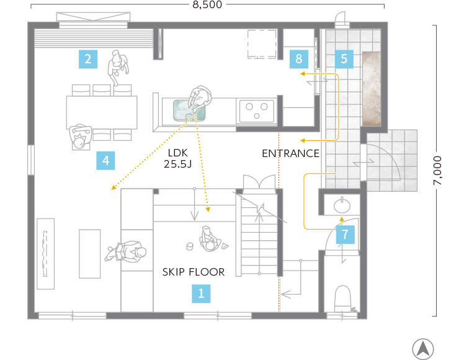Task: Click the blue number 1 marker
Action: tap(201, 294)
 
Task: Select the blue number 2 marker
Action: tap(88, 59)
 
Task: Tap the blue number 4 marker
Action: tap(105, 161)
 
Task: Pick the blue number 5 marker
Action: tap(344, 59)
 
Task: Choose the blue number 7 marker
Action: tap(345, 235)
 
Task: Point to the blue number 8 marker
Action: tap(299, 59)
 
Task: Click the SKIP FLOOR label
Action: tap(194, 272)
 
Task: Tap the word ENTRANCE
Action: tap(290, 153)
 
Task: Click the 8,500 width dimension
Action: tap(207, 5)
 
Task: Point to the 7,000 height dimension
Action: tap(437, 170)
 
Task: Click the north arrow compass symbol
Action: tap(423, 349)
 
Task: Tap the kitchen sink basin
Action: tap(189, 110)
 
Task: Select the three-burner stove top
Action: tap(257, 111)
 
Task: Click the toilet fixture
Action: tap(342, 299)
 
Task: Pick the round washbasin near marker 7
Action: tap(342, 205)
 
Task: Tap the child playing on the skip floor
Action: tap(210, 239)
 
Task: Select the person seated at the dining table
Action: tap(79, 136)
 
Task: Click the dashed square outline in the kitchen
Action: tap(262, 44)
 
